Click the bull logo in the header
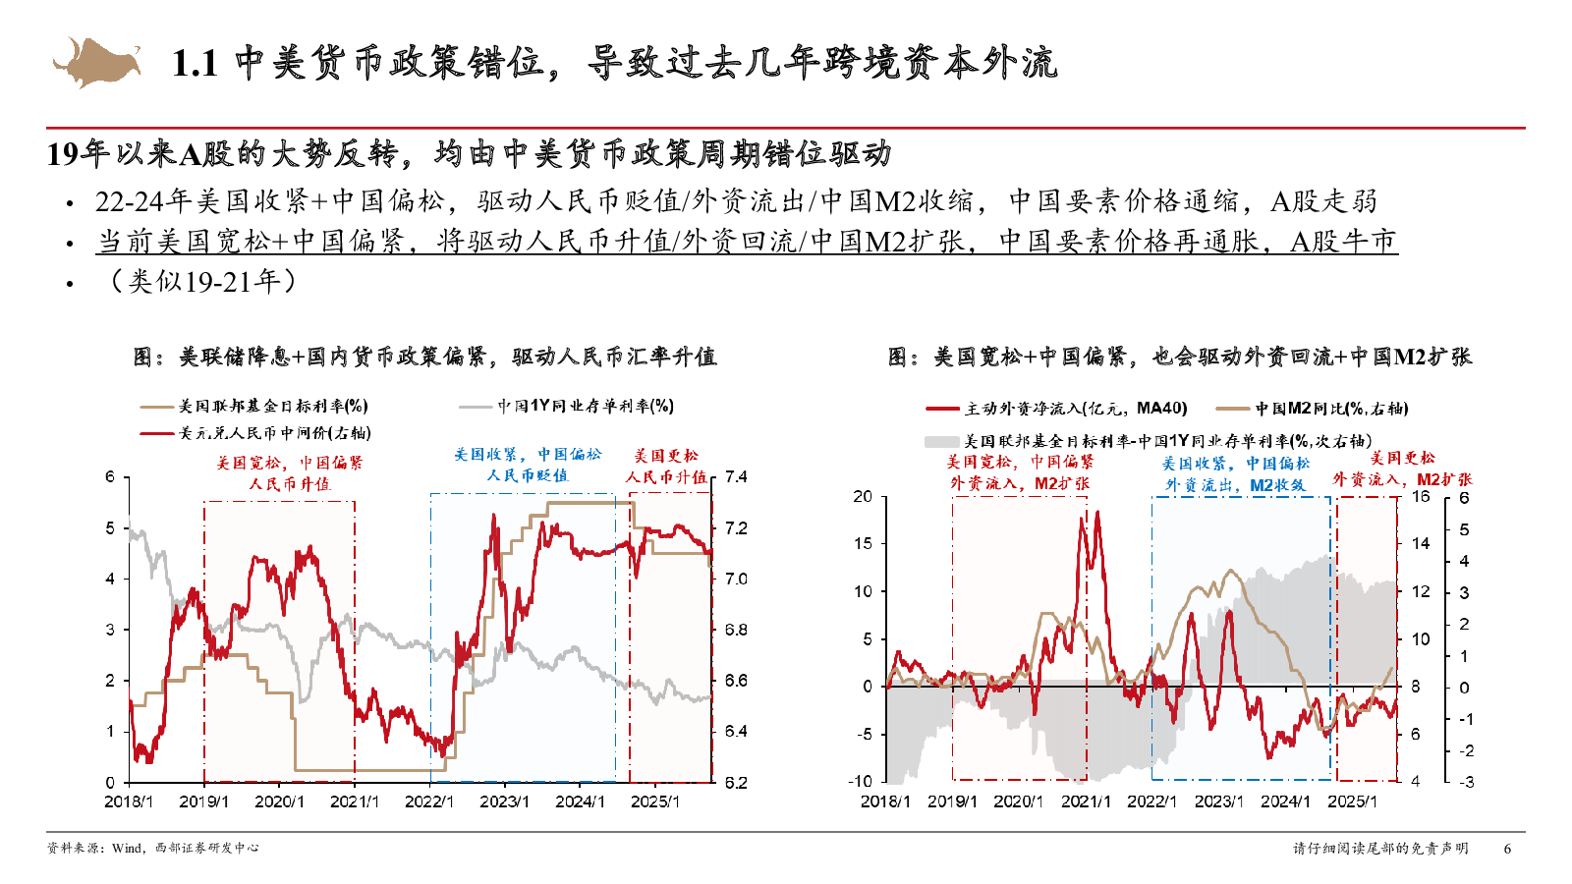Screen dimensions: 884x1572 click(95, 62)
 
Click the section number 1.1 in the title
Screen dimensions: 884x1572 click(195, 64)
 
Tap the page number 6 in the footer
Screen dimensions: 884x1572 click(1507, 849)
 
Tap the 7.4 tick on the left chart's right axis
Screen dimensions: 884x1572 click(736, 477)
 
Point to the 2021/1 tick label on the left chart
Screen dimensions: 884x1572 click(354, 801)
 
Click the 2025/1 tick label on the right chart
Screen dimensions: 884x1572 click(1352, 801)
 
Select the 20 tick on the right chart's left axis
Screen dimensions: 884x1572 click(863, 497)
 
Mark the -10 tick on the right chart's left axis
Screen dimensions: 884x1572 click(861, 782)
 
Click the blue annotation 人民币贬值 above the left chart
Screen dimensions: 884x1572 click(528, 475)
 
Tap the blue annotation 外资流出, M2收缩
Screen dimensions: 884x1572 click(1235, 485)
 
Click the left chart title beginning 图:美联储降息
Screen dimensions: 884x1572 click(424, 358)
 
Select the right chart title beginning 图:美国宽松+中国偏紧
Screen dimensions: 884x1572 click(1179, 358)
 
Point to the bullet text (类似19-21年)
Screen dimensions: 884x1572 click(201, 282)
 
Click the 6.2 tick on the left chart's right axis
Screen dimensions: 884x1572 click(736, 783)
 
